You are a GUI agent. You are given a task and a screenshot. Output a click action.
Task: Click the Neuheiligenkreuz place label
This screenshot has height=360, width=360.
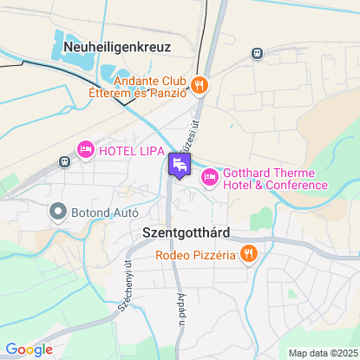tap(116, 47)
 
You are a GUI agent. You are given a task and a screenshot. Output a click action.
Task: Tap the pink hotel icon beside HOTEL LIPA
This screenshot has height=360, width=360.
tap(86, 151)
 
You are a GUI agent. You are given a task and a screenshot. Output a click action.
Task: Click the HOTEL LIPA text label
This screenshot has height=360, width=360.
tap(130, 151)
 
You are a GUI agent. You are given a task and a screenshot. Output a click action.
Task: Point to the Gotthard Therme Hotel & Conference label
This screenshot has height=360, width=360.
tap(274, 178)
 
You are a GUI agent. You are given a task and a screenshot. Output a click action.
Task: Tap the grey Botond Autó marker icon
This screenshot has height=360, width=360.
tap(58, 211)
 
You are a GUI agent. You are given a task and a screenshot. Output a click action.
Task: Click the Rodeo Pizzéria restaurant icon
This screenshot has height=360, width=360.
tap(249, 254)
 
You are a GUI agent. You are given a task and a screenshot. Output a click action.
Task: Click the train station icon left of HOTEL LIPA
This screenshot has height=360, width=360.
tap(64, 161)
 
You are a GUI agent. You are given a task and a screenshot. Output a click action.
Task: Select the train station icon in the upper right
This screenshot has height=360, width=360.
tap(258, 53)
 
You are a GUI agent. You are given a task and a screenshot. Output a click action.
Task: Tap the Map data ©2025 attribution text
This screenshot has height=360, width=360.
tap(322, 353)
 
